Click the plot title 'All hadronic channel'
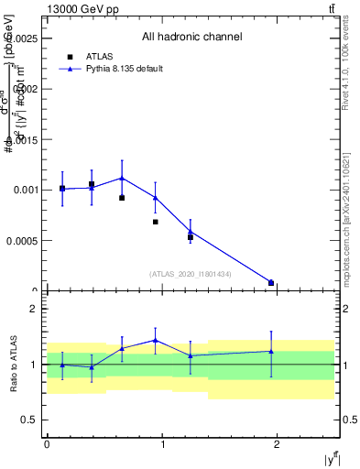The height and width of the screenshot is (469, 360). pos(191,38)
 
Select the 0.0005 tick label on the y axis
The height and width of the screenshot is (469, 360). pos(24,241)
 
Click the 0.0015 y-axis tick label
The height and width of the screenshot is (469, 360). pos(24,140)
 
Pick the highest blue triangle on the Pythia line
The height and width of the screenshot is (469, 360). pos(122,179)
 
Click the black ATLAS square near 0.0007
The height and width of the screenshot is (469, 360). pos(156,222)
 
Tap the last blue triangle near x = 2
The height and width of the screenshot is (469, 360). pos(271,282)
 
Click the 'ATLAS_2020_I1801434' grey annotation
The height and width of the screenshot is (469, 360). pos(191,274)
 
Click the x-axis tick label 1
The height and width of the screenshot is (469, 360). pos(162,444)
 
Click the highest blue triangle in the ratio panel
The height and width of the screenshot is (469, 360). pos(156,340)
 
